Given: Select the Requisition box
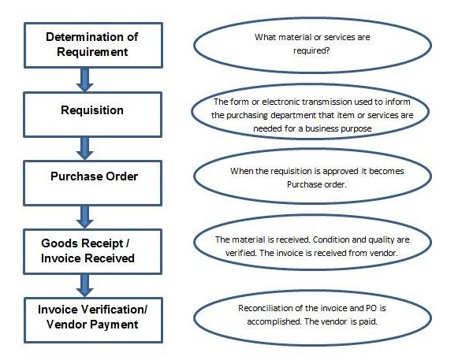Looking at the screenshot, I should pyautogui.click(x=92, y=111).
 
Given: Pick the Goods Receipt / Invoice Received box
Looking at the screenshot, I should pyautogui.click(x=92, y=245).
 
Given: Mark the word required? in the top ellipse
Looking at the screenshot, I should pyautogui.click(x=304, y=51).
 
